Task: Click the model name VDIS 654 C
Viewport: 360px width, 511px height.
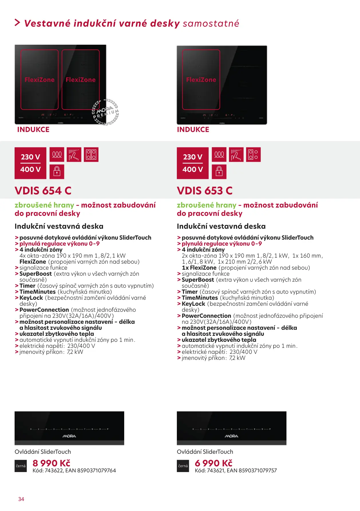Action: point(43,191)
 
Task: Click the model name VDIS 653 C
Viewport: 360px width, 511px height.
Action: point(205,191)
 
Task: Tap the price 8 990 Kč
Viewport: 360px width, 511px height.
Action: point(52,463)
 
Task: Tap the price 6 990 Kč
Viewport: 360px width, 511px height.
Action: point(213,463)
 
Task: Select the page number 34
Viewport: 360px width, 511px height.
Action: point(21,499)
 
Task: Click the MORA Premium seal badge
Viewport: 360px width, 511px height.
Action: point(105,112)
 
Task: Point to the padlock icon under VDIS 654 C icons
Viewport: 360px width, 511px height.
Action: point(57,171)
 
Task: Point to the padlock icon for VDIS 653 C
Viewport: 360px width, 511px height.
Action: point(219,171)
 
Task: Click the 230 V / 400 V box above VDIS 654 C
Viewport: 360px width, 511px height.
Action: point(30,163)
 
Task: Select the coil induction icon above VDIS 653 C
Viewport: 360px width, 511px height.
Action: point(219,155)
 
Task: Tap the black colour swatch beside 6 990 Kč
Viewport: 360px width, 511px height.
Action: point(183,466)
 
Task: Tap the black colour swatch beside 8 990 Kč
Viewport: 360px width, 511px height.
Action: point(21,466)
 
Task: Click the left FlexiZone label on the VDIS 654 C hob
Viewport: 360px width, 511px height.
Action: point(39,80)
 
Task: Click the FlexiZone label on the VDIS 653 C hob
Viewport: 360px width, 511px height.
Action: point(201,80)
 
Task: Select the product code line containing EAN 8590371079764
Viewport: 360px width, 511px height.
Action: point(74,470)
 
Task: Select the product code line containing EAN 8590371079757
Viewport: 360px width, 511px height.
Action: point(236,470)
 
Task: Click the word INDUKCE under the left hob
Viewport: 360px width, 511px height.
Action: point(33,130)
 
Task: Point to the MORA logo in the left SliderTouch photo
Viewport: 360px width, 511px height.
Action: point(69,436)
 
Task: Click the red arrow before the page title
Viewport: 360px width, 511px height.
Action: point(17,23)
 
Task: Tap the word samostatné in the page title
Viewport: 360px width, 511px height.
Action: point(211,23)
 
